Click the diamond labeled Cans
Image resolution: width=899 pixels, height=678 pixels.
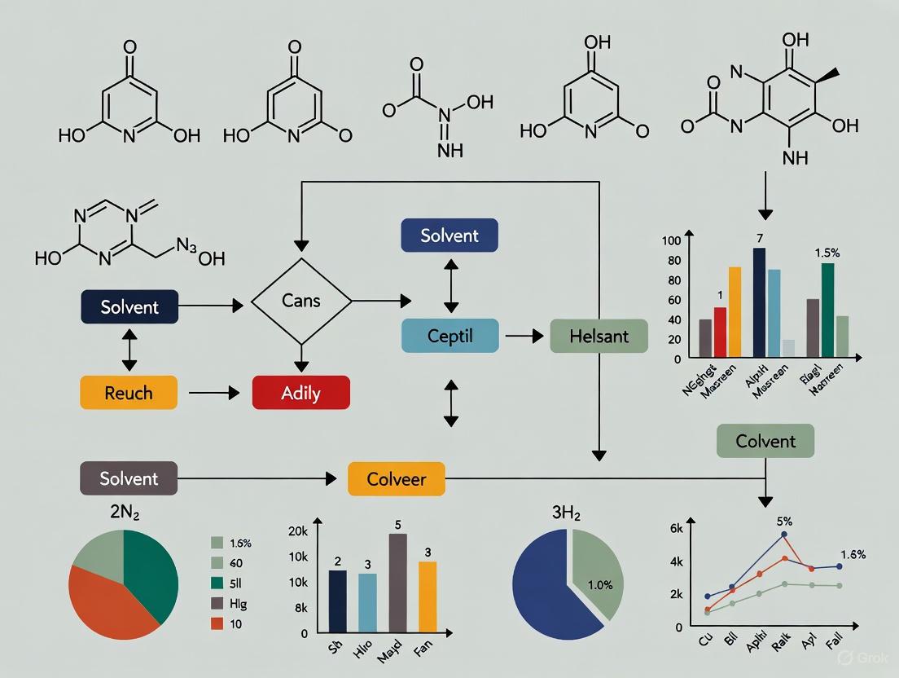pos(301,302)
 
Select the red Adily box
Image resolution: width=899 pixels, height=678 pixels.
pos(301,393)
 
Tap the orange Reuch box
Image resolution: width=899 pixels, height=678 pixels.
pos(129,393)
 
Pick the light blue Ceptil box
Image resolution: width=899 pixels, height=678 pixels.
pos(450,335)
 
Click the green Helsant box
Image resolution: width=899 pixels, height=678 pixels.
pos(599,336)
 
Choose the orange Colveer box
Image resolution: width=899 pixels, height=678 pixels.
pos(397,478)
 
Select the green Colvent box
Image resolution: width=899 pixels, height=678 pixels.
pos(765,441)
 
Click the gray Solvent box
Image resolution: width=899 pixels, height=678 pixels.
pos(129,478)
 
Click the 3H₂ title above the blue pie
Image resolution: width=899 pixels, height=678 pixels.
pos(568,513)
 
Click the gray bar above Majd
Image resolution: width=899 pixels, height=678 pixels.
pos(398,583)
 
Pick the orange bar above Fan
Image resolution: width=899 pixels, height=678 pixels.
pos(427,597)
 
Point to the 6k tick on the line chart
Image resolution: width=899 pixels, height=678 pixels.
pos(676,528)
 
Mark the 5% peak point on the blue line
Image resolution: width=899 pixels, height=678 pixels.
pos(784,535)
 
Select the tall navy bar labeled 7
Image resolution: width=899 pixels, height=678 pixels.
pos(759,302)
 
